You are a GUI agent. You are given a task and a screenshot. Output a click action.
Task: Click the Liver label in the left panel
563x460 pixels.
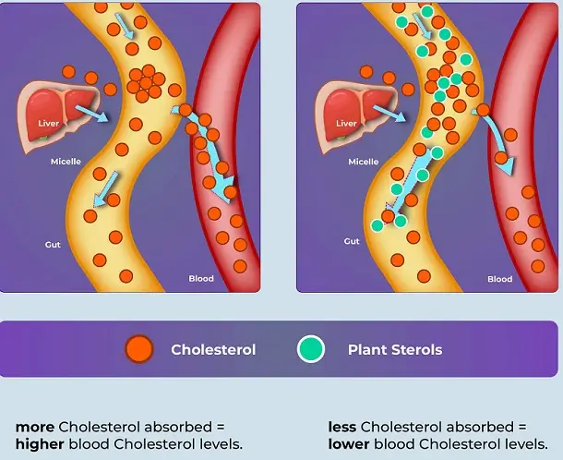(x=49, y=123)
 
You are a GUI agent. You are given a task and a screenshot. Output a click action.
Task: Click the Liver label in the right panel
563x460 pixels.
(x=346, y=123)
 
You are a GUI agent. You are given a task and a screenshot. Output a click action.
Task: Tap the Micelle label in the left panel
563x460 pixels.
(x=66, y=162)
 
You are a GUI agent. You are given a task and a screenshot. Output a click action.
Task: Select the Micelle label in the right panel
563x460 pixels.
(x=364, y=162)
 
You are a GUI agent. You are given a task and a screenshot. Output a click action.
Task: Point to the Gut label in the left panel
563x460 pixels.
(x=54, y=244)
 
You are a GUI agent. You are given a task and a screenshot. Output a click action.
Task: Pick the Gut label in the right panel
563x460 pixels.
(x=352, y=241)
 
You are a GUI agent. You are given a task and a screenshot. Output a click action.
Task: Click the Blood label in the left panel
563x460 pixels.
(x=201, y=278)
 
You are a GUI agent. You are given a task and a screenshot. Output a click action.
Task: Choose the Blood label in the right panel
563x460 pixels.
(x=499, y=278)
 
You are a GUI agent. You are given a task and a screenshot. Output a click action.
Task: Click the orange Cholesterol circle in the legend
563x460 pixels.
(x=138, y=349)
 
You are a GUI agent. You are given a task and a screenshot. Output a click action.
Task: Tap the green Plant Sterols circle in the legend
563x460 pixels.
(x=312, y=349)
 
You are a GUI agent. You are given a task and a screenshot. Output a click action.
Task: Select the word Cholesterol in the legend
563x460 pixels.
(x=213, y=350)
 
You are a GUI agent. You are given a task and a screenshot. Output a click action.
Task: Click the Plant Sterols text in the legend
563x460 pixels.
(x=394, y=350)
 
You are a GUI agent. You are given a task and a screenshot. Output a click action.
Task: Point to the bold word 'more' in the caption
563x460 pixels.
(x=35, y=427)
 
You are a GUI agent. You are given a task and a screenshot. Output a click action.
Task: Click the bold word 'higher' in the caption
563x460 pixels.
(x=38, y=444)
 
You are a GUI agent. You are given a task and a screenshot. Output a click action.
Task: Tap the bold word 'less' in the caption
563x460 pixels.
(x=342, y=427)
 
